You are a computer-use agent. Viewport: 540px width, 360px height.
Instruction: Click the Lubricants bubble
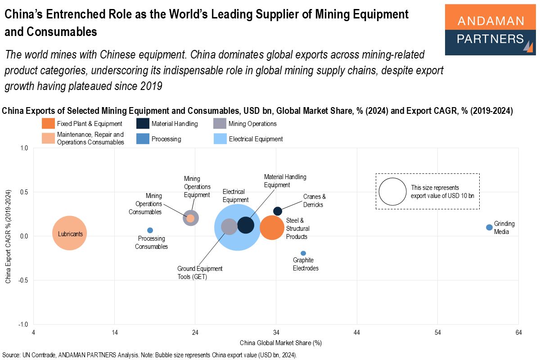(x=69, y=233)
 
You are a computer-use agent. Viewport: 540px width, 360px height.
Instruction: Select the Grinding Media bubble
(x=489, y=227)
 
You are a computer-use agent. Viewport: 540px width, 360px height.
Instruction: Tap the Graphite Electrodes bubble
(x=303, y=253)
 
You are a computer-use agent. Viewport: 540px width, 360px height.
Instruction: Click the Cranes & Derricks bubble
(x=278, y=211)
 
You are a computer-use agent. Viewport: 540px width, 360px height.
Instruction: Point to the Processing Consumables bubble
(x=150, y=230)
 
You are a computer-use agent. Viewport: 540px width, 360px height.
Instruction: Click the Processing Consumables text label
(x=151, y=243)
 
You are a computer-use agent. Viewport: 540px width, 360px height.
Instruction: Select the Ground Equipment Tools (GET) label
(x=200, y=273)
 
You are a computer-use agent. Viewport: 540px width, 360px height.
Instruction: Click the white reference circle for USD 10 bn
(x=392, y=191)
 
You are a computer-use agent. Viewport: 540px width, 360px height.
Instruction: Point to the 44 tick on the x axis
(x=357, y=333)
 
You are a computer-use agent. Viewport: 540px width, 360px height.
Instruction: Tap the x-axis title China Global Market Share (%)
(x=280, y=343)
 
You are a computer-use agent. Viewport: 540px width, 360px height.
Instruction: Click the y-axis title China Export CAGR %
(x=8, y=236)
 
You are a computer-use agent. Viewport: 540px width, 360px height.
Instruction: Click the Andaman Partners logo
(x=490, y=30)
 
